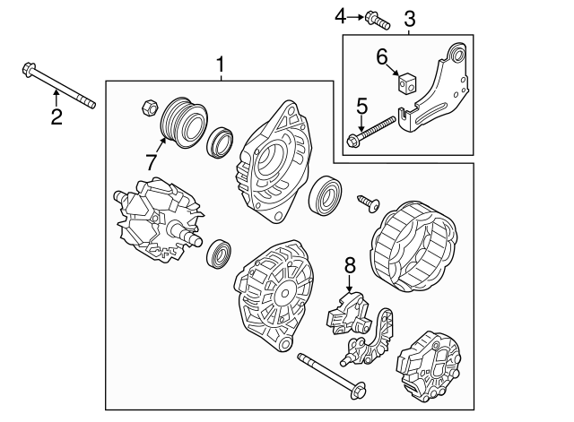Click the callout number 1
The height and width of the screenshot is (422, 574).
point(221,65)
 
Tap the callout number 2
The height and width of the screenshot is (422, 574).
point(56,116)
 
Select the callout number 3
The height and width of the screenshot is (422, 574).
point(409,17)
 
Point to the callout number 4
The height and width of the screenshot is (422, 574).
point(340,15)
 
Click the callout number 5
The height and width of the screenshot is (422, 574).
point(362,108)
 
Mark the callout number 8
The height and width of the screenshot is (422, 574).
point(350,265)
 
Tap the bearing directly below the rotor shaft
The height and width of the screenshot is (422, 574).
point(218,255)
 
